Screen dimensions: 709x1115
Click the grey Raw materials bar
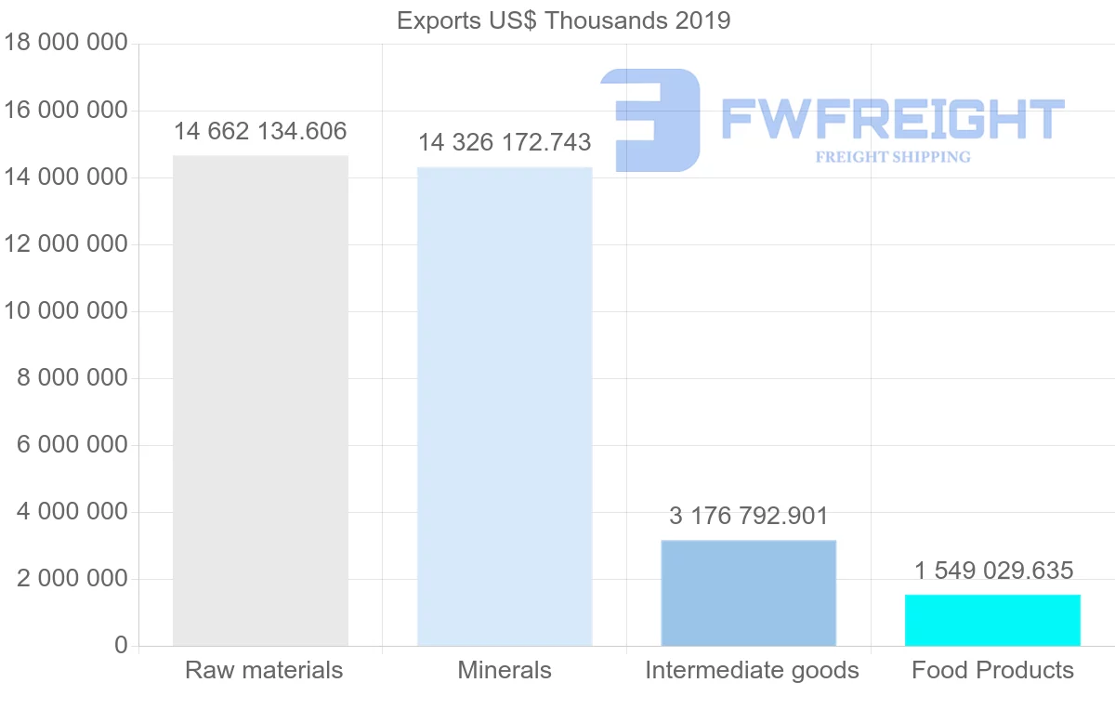260,400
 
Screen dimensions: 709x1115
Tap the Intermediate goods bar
749,593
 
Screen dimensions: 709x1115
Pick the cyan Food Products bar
992,620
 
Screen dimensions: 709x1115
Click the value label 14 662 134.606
260,131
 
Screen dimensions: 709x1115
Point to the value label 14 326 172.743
505,142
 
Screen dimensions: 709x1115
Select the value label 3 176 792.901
749,516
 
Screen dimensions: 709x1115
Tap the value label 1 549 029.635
993,571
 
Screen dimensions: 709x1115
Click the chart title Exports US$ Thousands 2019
564,20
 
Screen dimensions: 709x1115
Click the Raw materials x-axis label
264,670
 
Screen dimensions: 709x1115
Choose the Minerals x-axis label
505,670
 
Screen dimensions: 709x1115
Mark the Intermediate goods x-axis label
752,670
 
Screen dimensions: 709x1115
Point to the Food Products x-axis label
992,670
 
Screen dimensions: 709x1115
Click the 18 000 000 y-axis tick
64,44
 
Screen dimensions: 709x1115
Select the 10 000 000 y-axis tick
64,311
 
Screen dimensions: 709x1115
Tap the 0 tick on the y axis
121,646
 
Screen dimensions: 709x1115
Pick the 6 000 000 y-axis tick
72,445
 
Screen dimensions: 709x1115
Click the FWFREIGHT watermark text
892,119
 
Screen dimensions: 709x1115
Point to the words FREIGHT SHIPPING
893,157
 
